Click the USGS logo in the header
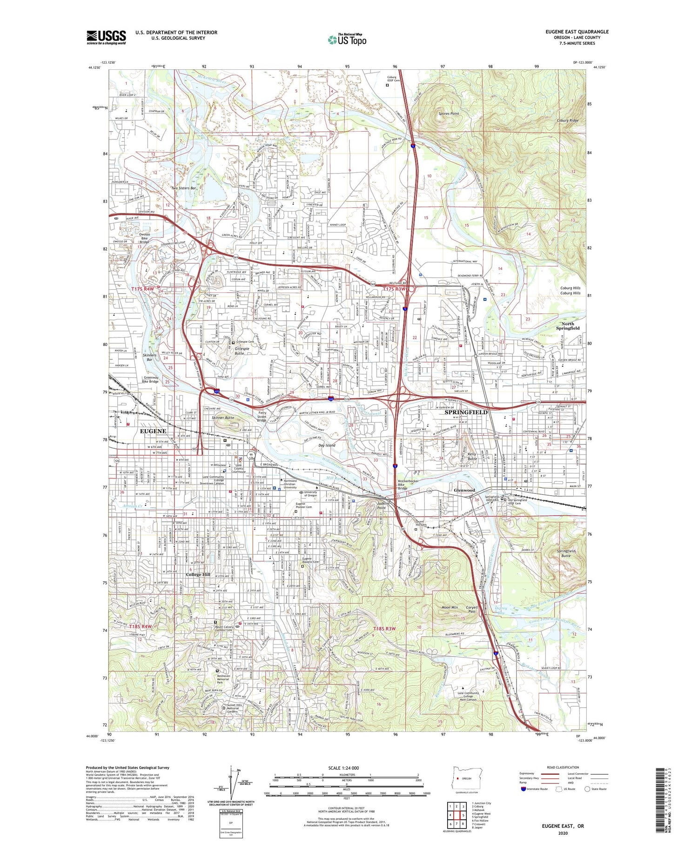[106, 37]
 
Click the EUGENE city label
[153, 431]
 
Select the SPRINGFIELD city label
[466, 412]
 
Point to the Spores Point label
[449, 113]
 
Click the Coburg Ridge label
[568, 120]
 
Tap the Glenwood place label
[464, 491]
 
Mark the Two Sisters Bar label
[183, 188]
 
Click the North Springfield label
[568, 325]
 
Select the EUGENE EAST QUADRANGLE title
[577, 32]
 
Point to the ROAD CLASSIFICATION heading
[563, 767]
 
